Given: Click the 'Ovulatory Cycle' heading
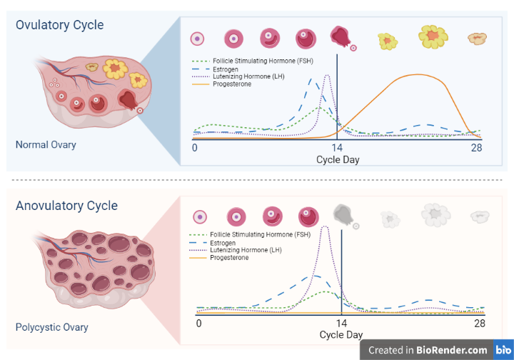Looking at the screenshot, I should pos(60,25).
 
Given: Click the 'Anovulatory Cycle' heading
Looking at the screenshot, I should pos(66,206).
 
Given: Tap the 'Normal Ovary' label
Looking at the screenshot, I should pos(46,145).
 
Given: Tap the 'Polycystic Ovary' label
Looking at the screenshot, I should pos(52,327).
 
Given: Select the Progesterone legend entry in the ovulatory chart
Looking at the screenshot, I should pos(232,84).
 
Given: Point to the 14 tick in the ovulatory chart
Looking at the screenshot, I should pos(338,148).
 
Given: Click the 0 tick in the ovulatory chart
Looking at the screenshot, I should pos(195,148).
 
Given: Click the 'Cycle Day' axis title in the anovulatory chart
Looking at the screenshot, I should pos(341,334).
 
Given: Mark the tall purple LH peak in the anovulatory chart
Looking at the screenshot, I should pos(326,227).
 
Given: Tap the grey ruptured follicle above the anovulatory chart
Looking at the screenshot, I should pos(343,214).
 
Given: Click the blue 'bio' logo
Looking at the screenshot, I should pos(503,350).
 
